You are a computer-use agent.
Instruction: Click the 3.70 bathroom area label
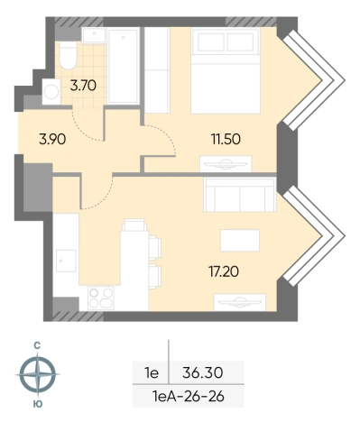pos(83,86)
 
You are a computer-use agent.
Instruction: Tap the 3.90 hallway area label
pos(52,140)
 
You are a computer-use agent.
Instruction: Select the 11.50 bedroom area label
pos(226,140)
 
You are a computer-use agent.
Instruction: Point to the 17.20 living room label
pos(224,271)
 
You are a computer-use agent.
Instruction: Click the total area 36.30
pos(203,373)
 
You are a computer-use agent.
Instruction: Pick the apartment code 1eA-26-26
pos(189,397)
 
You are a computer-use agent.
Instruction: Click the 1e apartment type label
pos(152,373)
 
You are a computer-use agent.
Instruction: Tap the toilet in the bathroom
pos(68,55)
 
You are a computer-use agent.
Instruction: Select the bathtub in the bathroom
pos(124,66)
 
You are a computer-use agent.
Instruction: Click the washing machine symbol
pos(51,92)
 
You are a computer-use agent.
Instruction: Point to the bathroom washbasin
pos(94,35)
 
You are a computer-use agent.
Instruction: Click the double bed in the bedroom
pos(226,71)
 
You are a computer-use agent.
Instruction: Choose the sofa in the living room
pos(240,195)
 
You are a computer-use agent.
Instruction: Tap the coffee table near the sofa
pos(240,240)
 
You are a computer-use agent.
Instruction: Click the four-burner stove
pos(101,298)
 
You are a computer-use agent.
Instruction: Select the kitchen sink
pos(67,261)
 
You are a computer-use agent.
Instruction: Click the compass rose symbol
pos(37,374)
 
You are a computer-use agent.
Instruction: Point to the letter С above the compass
pos(37,346)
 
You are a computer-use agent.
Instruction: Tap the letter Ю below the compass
pos(38,404)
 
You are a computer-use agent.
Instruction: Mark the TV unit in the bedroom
pos(226,164)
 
